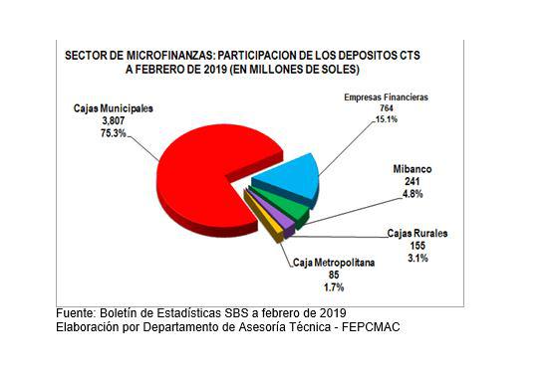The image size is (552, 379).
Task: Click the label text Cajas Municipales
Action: click(x=113, y=106)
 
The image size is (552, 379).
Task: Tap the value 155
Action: click(x=417, y=245)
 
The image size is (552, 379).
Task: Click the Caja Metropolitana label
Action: click(x=335, y=263)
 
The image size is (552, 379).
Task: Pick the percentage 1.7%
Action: click(x=335, y=286)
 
